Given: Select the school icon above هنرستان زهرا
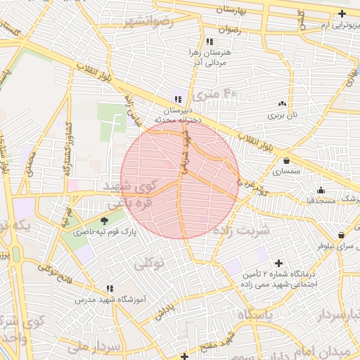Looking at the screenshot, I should [x=210, y=41].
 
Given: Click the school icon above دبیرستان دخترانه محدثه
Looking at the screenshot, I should [x=178, y=100].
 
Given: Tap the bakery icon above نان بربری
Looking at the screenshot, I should [x=282, y=103].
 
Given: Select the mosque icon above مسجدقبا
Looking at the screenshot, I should [x=321, y=190].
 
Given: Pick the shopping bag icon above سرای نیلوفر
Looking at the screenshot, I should [x=341, y=236].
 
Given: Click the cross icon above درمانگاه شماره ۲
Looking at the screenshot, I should [x=278, y=262].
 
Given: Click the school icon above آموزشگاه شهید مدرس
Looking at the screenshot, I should [x=110, y=288].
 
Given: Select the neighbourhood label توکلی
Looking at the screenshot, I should [x=148, y=264].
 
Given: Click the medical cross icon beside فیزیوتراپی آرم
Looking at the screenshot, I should [x=342, y=13].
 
